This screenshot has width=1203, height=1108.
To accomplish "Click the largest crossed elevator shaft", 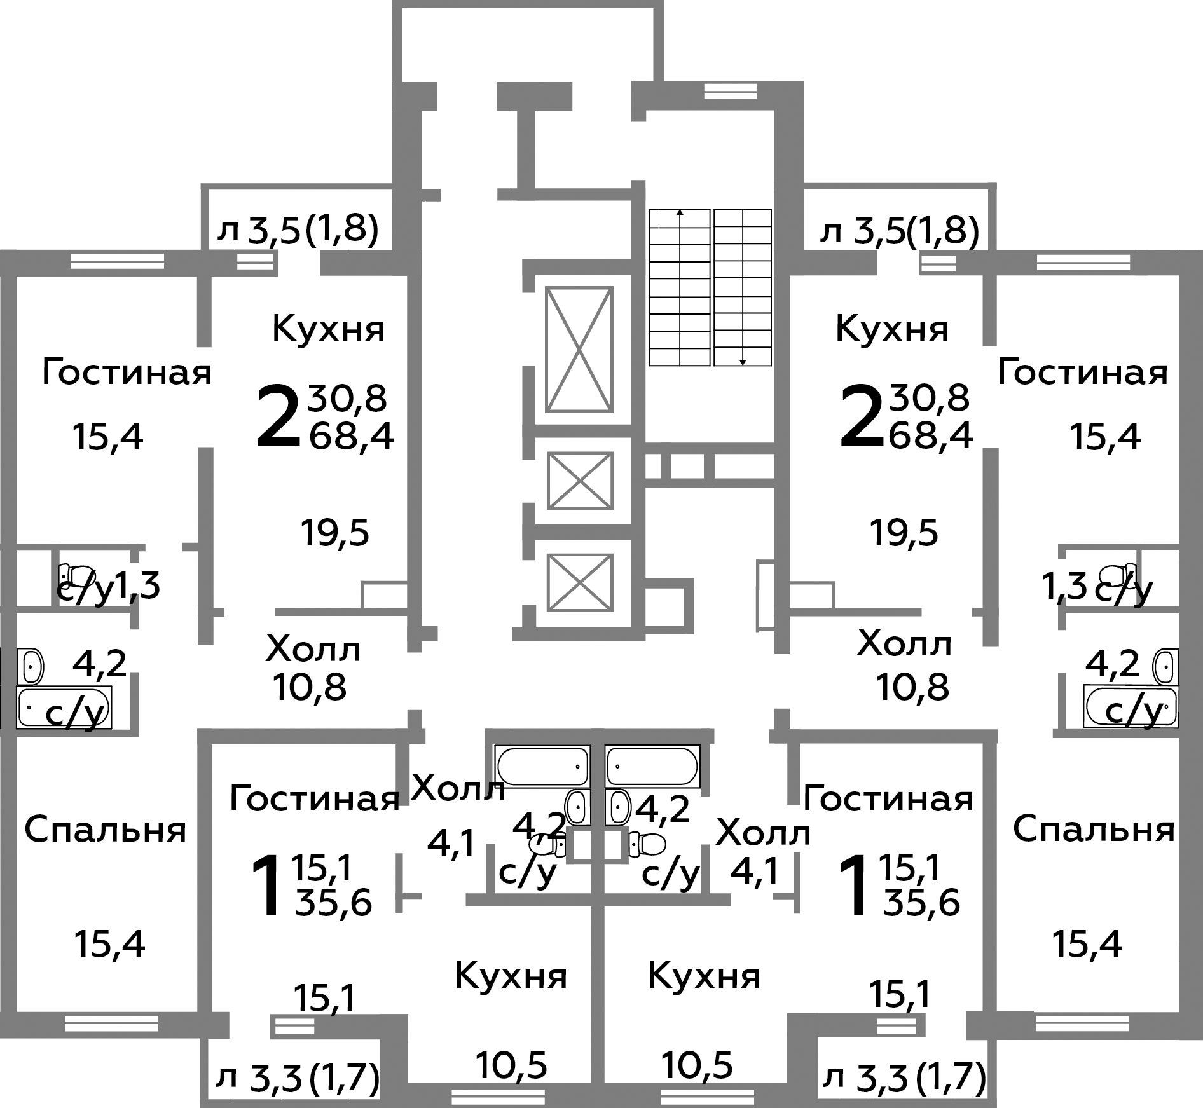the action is pyautogui.click(x=579, y=350).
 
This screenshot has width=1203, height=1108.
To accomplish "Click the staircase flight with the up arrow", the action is pyautogui.click(x=679, y=287).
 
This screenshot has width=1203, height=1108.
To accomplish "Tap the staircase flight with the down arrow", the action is pyautogui.click(x=743, y=287).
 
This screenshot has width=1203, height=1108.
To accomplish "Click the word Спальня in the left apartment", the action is pyautogui.click(x=106, y=830).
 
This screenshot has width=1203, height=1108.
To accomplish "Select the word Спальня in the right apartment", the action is pyautogui.click(x=1094, y=830).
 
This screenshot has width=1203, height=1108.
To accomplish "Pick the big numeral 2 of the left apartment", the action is pyautogui.click(x=278, y=416).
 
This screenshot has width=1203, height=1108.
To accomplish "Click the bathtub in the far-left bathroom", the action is pyautogui.click(x=64, y=707).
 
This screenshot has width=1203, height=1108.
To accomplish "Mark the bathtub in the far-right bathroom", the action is pyautogui.click(x=1131, y=707).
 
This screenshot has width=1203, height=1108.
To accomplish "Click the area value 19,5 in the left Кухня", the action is pyautogui.click(x=334, y=533).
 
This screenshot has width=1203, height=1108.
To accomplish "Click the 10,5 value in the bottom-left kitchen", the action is pyautogui.click(x=511, y=1065).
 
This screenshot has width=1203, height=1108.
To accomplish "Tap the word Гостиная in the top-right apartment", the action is pyautogui.click(x=1083, y=373).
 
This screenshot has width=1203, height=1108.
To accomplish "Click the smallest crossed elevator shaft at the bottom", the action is pyautogui.click(x=579, y=582).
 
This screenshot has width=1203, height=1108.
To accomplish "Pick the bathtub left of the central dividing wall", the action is pyautogui.click(x=542, y=766).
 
